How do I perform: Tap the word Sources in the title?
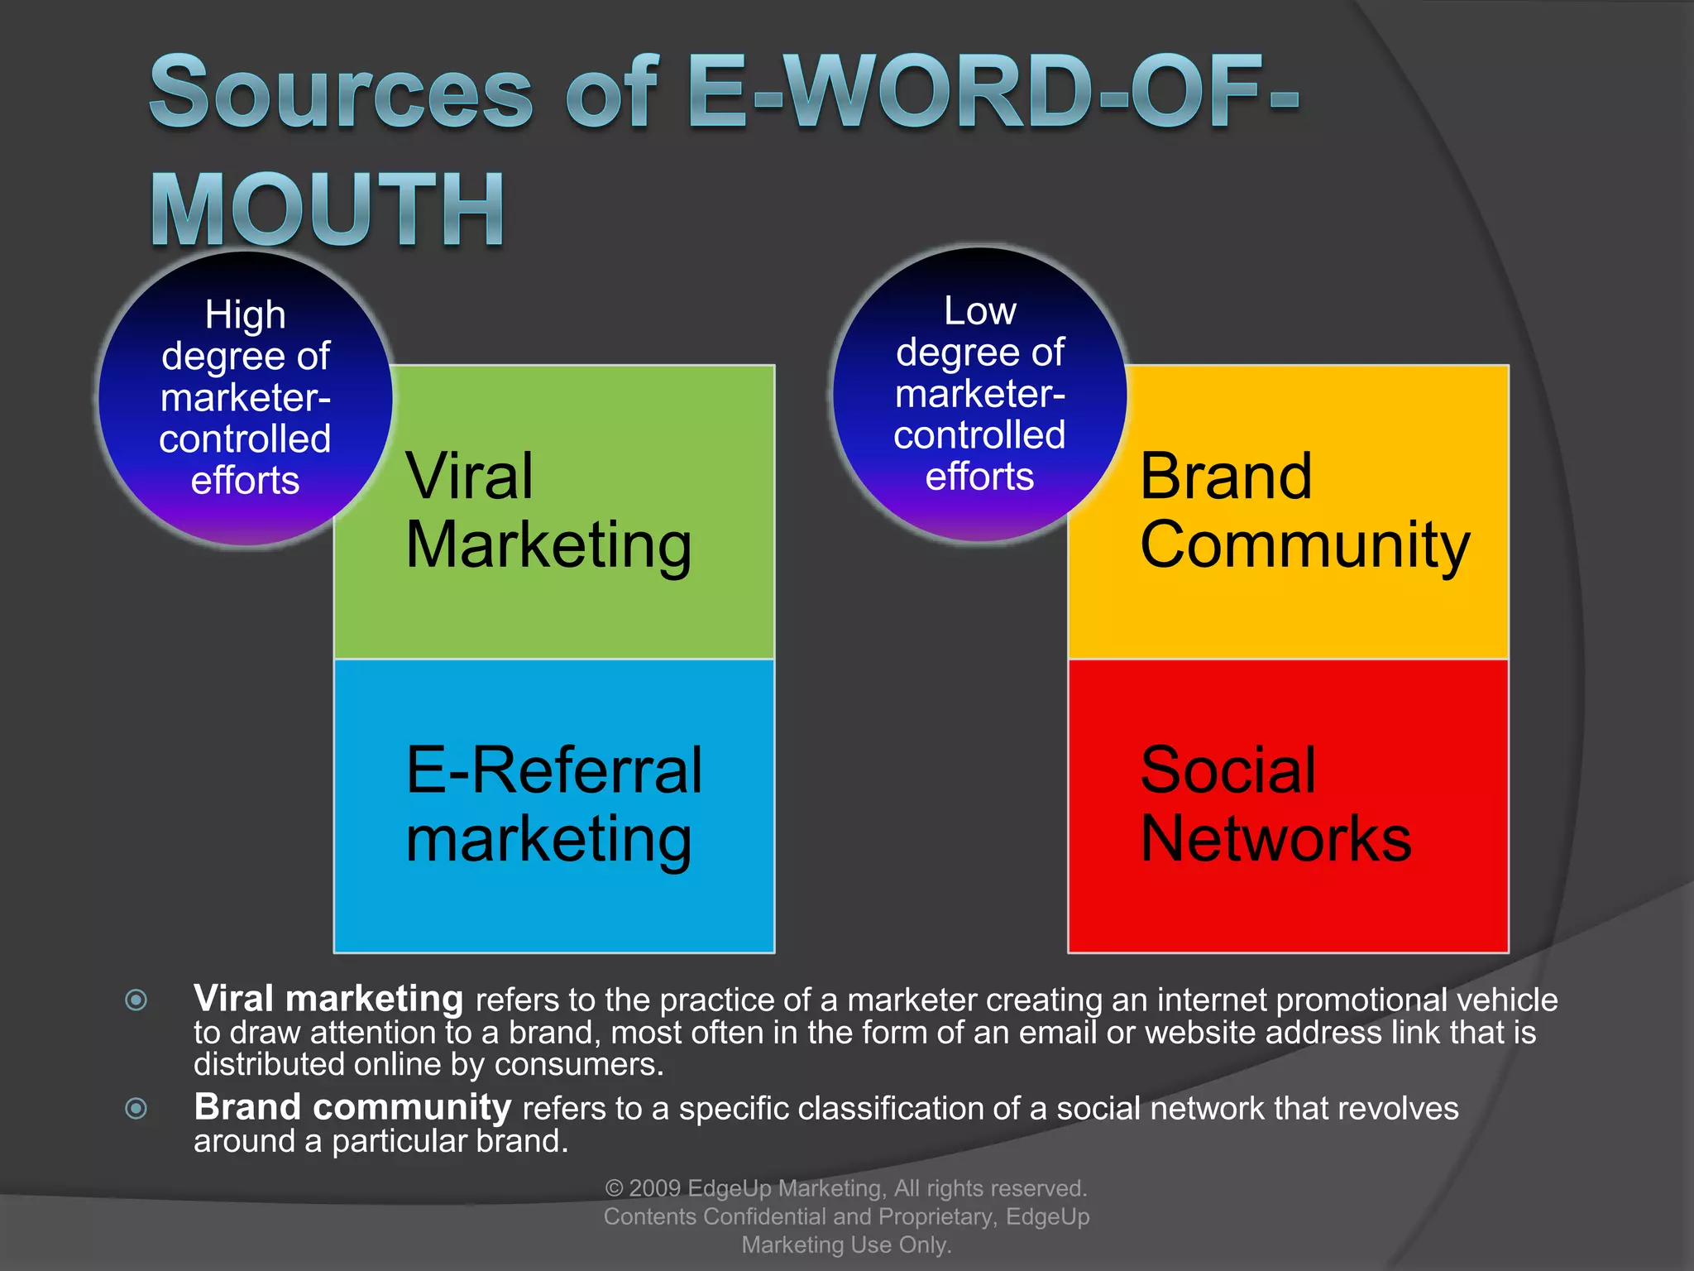point(341,93)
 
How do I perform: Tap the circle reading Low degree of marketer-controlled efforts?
point(979,395)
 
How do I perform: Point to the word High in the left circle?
point(245,315)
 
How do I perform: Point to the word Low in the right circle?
point(980,311)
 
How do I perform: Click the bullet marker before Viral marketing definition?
point(136,1000)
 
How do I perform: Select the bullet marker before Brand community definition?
point(136,1108)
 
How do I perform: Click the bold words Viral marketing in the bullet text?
point(328,999)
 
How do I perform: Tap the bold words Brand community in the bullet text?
point(352,1107)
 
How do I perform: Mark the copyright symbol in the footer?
point(614,1189)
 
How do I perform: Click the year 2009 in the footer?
point(654,1188)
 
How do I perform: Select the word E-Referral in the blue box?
point(553,770)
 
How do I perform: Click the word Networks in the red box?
point(1275,839)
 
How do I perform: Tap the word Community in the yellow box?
point(1304,545)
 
